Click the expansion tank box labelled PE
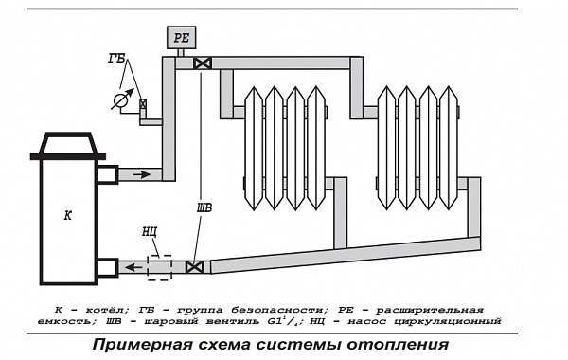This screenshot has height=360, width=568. pyautogui.click(x=181, y=37)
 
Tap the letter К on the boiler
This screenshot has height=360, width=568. pyautogui.click(x=68, y=216)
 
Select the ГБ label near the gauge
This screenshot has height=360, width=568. pyautogui.click(x=116, y=58)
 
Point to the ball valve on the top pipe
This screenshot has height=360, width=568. pyautogui.click(x=203, y=63)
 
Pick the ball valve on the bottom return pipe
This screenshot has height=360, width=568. pyautogui.click(x=194, y=267)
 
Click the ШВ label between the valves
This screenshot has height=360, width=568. pyautogui.click(x=204, y=207)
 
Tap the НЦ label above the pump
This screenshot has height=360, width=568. pyautogui.click(x=150, y=231)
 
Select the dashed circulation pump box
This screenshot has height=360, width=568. pyautogui.click(x=159, y=267)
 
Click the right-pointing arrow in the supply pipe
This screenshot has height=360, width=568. pyautogui.click(x=142, y=174)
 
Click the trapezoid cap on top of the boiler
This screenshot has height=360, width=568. pyautogui.click(x=68, y=143)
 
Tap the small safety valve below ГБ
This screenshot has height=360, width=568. pyautogui.click(x=143, y=104)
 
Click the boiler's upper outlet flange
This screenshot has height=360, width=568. pyautogui.click(x=107, y=174)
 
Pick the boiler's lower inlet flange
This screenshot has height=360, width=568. pyautogui.click(x=107, y=268)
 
